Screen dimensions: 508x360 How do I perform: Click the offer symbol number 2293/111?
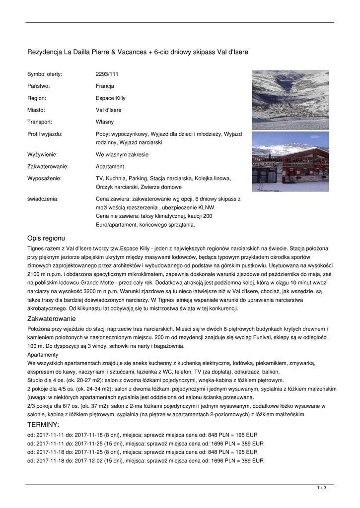point(107,74)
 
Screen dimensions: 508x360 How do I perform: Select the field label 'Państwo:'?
point(38,86)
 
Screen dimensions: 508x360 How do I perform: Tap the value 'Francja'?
point(105,86)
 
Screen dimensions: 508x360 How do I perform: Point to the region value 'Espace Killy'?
point(111,98)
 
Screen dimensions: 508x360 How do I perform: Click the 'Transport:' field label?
point(40,122)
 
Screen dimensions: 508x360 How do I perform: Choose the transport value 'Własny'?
point(104,122)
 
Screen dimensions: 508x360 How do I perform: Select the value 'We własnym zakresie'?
point(122,154)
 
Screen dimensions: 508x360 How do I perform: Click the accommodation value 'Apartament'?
point(110,166)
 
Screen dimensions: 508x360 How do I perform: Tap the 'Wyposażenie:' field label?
point(44,178)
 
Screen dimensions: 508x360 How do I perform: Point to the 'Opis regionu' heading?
point(46,238)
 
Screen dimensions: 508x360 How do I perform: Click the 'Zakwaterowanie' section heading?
point(51,319)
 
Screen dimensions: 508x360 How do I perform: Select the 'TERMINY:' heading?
point(43,425)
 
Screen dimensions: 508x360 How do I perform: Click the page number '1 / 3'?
point(322,488)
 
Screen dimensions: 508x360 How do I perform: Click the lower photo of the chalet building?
point(290,161)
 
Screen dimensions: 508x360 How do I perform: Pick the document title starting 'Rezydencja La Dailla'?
point(138,52)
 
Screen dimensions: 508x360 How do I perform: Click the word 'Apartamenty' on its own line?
point(43,355)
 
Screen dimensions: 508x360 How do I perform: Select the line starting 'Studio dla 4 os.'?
point(155,381)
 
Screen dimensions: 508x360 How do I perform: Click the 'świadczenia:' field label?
point(43,199)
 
